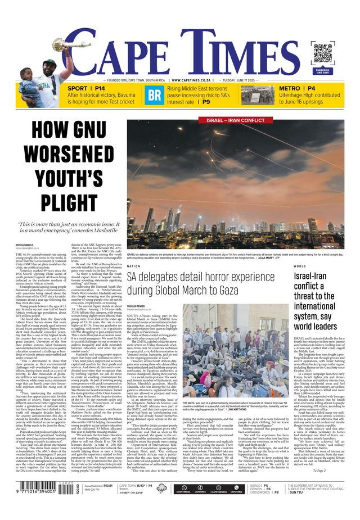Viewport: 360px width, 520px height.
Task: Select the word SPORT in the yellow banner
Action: pyautogui.click(x=78, y=89)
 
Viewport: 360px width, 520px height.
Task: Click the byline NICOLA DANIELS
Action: pyautogui.click(x=24, y=245)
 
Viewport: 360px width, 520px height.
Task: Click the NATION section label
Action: pyautogui.click(x=133, y=266)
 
